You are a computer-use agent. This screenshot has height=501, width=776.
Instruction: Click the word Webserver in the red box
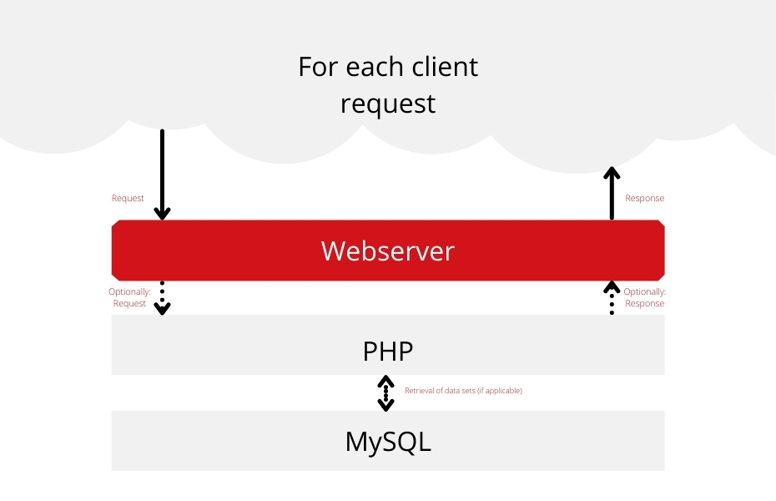click(x=387, y=250)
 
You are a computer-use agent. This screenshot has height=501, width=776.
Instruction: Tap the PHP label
click(x=387, y=351)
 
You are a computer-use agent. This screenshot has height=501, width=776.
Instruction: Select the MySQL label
click(x=388, y=442)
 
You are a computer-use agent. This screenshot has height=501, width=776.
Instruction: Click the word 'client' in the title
click(x=445, y=66)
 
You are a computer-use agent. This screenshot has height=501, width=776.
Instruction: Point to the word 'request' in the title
click(x=388, y=104)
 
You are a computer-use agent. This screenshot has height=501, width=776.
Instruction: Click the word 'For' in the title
click(x=318, y=67)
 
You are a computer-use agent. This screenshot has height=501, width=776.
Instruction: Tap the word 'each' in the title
click(x=375, y=66)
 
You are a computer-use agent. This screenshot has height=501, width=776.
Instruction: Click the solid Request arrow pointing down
click(x=163, y=175)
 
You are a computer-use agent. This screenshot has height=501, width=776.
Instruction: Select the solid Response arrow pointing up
click(x=612, y=193)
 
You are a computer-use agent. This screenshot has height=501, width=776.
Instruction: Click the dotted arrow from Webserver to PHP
click(x=163, y=298)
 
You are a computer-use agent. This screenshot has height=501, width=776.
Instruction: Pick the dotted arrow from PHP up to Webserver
click(x=612, y=298)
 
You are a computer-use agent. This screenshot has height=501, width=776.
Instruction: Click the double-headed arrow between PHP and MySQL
click(x=386, y=393)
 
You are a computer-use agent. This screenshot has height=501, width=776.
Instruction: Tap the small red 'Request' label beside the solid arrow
click(x=128, y=198)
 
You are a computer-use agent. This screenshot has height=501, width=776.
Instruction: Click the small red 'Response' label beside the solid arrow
click(x=644, y=198)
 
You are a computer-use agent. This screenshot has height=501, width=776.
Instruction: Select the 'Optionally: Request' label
click(x=129, y=297)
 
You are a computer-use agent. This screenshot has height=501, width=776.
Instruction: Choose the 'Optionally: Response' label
click(x=644, y=297)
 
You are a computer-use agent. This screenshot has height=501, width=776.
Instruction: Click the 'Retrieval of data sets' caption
click(x=463, y=391)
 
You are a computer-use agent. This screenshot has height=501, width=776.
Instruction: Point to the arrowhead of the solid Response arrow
click(x=612, y=172)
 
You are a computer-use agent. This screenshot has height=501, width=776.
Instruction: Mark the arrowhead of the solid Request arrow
click(x=163, y=214)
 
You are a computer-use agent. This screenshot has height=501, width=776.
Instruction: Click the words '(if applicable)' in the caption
click(x=499, y=391)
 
